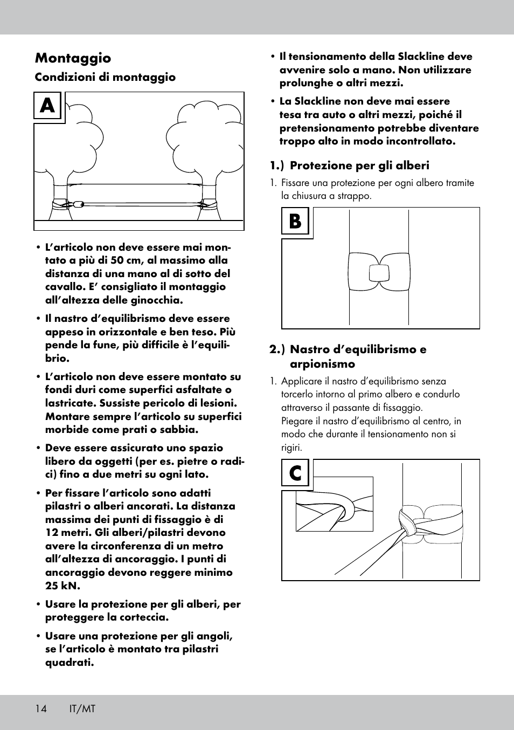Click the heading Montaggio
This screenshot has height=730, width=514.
tap(73, 58)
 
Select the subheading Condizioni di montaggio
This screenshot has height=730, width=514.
tap(105, 77)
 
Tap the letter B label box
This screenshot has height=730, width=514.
tap(295, 221)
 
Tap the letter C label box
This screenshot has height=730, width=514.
tap(295, 473)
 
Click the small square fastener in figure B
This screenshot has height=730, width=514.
tap(379, 273)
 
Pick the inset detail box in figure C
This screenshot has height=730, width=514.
tap(334, 504)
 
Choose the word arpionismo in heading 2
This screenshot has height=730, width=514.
tap(322, 364)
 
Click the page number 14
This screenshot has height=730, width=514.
tap(41, 709)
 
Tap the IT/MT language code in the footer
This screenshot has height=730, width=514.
tap(82, 709)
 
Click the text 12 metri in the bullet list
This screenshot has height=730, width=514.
tap(70, 533)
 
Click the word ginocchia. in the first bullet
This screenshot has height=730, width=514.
tap(157, 300)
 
